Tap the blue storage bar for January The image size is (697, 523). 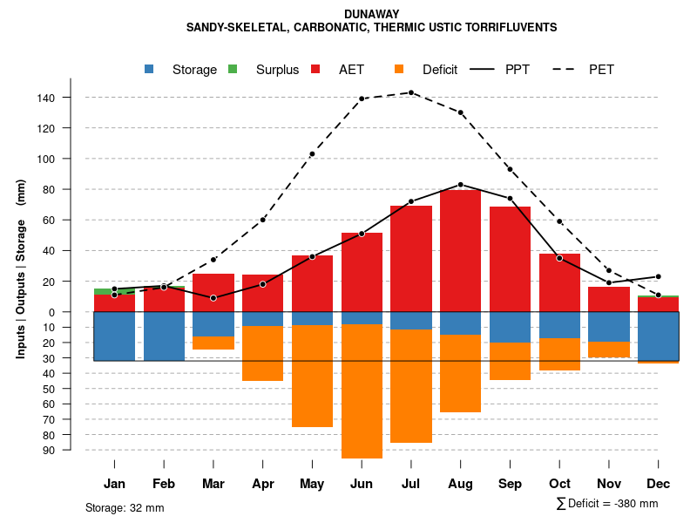point(114,336)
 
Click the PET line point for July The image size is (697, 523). point(411,92)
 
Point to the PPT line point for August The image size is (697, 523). point(460,185)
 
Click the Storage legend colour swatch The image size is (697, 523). point(150,69)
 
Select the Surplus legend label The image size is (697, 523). point(277,70)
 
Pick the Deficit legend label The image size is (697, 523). point(440,70)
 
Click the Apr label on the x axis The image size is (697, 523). point(262,484)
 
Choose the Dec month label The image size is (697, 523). point(658,484)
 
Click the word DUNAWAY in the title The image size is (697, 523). point(371,14)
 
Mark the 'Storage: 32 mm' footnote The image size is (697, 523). point(125,507)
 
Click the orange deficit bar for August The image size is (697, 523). point(460,373)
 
